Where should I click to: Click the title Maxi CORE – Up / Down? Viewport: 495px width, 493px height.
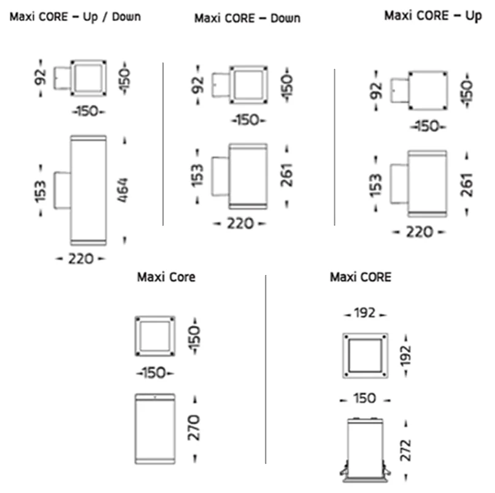[x=75, y=16]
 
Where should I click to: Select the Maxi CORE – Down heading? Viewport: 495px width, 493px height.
[x=247, y=18]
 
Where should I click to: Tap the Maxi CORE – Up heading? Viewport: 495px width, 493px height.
[x=432, y=15]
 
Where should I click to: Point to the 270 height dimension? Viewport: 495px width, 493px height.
[x=193, y=427]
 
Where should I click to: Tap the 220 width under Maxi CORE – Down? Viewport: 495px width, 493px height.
[x=239, y=224]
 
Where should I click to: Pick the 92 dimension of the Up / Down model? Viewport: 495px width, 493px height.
[x=40, y=78]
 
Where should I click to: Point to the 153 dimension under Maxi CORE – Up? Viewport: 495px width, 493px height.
[x=375, y=184]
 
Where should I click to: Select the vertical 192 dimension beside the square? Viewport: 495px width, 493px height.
[x=405, y=356]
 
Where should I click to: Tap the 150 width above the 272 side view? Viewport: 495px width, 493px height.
[x=366, y=399]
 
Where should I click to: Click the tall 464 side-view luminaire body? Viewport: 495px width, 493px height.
[x=88, y=190]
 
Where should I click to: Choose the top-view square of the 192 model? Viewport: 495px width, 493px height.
[x=366, y=356]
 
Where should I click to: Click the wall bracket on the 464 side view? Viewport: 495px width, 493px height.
[x=62, y=190]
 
